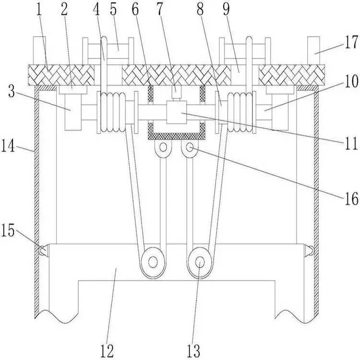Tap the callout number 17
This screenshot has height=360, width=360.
[x=351, y=42]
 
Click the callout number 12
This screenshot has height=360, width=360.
[x=107, y=351]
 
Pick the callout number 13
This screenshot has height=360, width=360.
[x=193, y=351]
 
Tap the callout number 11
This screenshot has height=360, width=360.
[x=351, y=143]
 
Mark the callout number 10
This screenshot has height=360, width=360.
[x=351, y=81]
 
